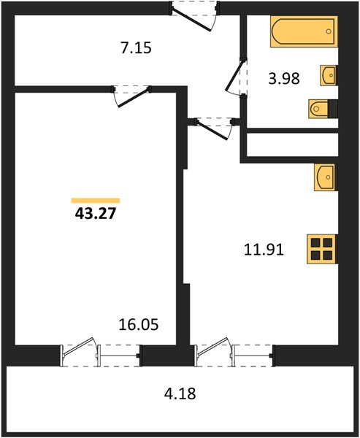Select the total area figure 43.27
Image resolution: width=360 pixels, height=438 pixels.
pyautogui.click(x=96, y=215)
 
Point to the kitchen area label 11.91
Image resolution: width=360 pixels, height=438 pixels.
pyautogui.click(x=263, y=249)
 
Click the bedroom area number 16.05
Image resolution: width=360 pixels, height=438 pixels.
pyautogui.click(x=138, y=323)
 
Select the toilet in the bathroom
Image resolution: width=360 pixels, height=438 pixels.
pyautogui.click(x=322, y=109)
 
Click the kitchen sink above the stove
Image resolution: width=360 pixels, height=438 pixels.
pyautogui.click(x=325, y=177)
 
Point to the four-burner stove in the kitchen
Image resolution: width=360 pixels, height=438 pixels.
pyautogui.click(x=321, y=249)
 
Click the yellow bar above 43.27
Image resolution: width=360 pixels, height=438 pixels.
pyautogui.click(x=96, y=200)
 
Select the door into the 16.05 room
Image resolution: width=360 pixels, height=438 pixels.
pyautogui.click(x=131, y=96)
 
